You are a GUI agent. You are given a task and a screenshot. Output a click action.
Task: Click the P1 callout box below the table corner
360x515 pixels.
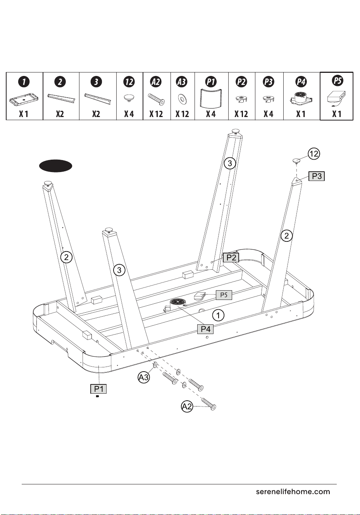(98, 389)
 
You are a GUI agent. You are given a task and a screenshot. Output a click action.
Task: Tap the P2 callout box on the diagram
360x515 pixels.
(231, 257)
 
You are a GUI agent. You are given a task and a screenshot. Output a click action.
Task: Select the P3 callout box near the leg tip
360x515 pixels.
(317, 176)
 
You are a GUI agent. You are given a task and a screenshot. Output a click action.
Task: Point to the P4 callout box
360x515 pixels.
(205, 329)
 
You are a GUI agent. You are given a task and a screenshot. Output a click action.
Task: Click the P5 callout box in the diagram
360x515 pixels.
(224, 295)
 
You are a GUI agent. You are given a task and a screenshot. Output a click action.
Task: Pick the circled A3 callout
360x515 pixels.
(144, 377)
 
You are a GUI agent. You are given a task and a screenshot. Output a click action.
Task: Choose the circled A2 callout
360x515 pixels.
(187, 407)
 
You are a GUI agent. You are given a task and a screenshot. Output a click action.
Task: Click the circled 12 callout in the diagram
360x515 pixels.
(314, 153)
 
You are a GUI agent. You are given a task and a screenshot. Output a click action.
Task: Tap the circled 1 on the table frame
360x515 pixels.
(218, 315)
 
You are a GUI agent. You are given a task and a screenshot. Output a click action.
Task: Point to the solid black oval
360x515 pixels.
(56, 166)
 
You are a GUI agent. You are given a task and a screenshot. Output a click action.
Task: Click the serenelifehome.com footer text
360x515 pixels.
(293, 492)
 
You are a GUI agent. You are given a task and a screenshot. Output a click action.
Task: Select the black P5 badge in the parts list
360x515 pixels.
(338, 81)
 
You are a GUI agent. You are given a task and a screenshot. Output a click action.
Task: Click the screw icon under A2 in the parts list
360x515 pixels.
(156, 99)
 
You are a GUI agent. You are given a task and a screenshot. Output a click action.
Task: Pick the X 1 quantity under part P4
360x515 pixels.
(301, 114)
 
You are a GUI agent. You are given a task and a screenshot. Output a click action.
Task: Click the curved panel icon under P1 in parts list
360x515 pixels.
(211, 98)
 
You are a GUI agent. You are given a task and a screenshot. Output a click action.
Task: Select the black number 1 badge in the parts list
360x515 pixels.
(24, 82)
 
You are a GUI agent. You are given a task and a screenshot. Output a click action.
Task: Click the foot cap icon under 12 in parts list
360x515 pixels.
(129, 98)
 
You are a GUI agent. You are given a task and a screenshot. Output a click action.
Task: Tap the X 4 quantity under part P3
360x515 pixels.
(269, 114)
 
